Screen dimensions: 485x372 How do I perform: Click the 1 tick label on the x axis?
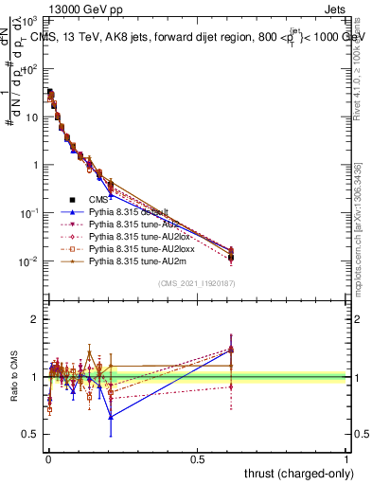coord(346,458)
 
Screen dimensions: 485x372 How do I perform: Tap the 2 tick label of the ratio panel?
coord(34,319)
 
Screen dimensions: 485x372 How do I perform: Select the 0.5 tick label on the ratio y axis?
coord(30,435)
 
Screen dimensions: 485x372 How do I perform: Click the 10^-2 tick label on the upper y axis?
coord(27,260)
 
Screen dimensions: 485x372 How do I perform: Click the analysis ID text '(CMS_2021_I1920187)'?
coord(197,283)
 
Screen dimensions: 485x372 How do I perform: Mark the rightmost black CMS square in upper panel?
coord(231,257)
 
